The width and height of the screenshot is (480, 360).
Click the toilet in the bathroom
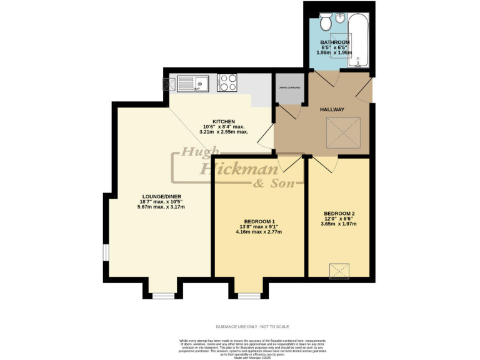pyautogui.click(x=325, y=24)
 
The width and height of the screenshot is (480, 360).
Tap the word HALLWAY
pyautogui.click(x=332, y=109)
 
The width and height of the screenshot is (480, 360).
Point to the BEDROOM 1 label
pyautogui.click(x=258, y=222)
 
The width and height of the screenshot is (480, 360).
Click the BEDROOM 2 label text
pyautogui.click(x=338, y=213)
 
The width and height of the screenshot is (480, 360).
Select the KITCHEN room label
pyautogui.click(x=223, y=121)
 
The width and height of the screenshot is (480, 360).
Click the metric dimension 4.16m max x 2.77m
pyautogui.click(x=258, y=232)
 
